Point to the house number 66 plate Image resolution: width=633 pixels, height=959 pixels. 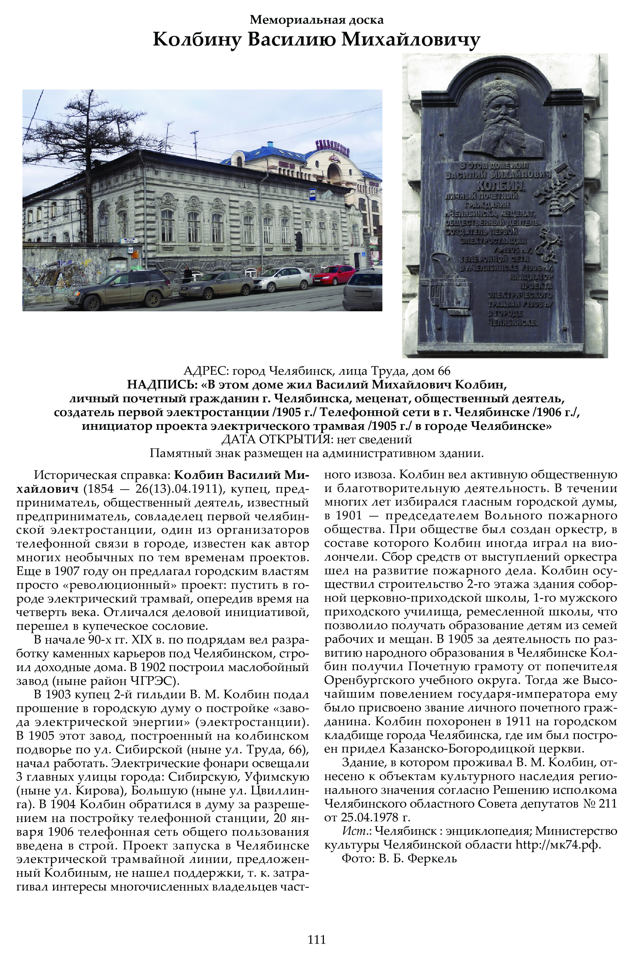tap(130, 250)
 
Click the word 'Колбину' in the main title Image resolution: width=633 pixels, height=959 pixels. tap(197, 40)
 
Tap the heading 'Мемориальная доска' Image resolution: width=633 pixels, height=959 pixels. tap(316, 19)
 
